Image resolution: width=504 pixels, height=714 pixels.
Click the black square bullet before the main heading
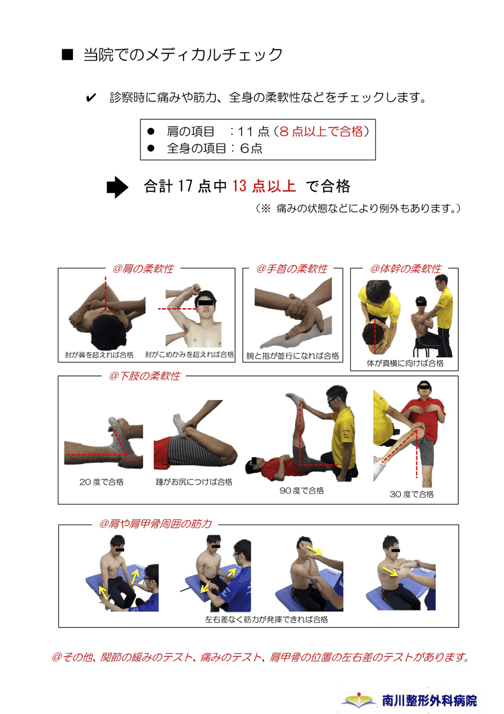pos(67,54)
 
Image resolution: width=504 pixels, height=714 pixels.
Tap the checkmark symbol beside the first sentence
pos(91,98)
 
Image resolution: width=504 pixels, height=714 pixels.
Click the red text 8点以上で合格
pos(321,131)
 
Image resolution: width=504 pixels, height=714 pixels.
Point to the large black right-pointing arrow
pos(117,187)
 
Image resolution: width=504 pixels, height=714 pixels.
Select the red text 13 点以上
pos(264,186)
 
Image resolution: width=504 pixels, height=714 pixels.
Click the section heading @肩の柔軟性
pos(143,269)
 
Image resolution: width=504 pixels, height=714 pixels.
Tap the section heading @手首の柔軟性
pos(292,269)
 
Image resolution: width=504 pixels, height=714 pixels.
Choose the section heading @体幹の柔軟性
pos(406,269)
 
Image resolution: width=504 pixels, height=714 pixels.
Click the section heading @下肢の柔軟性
pos(144,376)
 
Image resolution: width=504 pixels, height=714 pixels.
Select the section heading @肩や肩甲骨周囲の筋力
pos(155,523)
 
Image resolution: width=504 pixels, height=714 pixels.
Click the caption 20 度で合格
pos(101,482)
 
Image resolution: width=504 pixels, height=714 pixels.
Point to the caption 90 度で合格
pos(301,491)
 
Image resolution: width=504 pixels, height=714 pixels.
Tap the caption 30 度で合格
pos(411,494)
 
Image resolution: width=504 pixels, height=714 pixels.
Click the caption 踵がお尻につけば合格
pos(194,482)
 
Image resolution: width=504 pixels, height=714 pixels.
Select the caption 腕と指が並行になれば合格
pos(293,356)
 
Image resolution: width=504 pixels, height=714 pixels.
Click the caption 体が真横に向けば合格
pos(405,363)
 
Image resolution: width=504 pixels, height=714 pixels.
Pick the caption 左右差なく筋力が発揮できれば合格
pos(266,620)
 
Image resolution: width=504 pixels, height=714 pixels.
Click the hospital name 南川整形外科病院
pos(429,701)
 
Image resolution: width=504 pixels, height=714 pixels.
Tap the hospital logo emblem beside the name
pos(359,700)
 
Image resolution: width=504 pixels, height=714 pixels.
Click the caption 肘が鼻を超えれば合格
pos(99,355)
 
